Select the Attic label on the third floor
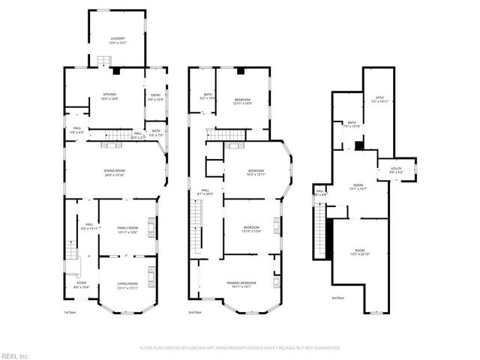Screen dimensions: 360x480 [379, 99]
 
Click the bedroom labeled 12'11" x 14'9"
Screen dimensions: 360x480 [241, 101]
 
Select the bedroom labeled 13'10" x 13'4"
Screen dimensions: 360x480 [250, 229]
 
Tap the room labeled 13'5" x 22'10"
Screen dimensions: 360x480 [359, 252]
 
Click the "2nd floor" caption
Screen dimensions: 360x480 [196, 312]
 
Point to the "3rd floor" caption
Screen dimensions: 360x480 [338, 298]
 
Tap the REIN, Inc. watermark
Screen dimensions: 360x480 [15, 355]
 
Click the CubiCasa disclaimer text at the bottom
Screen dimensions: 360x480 [240, 347]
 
